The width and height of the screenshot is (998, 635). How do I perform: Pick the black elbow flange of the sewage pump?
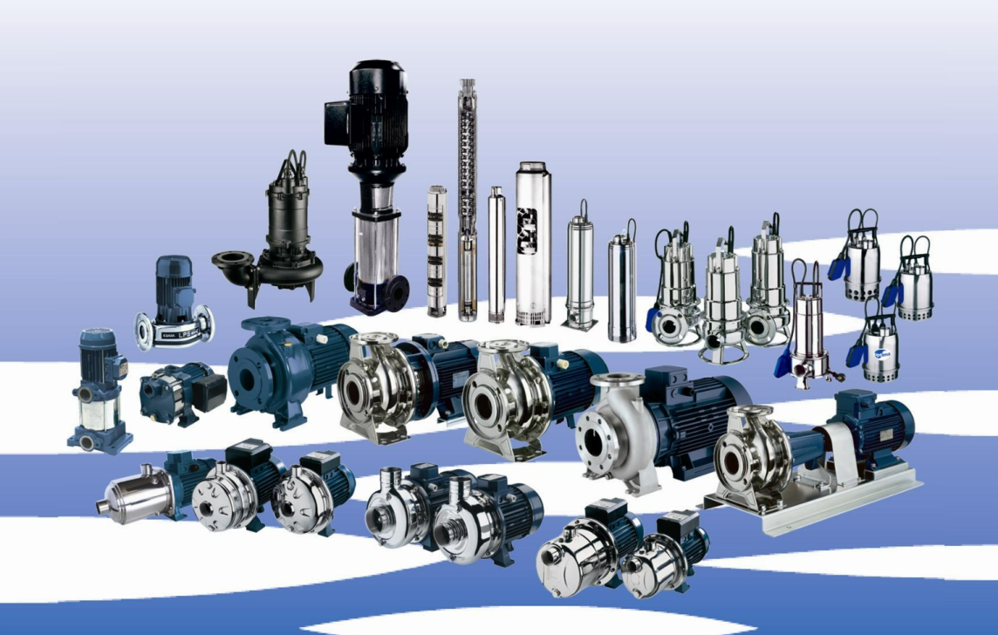(x=235, y=263)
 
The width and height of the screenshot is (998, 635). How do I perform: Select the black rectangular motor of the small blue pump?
(x=209, y=393)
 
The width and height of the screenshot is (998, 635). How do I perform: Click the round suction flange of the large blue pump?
(x=248, y=376)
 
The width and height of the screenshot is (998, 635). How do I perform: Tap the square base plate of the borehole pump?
(x=579, y=322)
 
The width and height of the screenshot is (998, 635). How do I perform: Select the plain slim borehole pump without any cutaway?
(x=496, y=253)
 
